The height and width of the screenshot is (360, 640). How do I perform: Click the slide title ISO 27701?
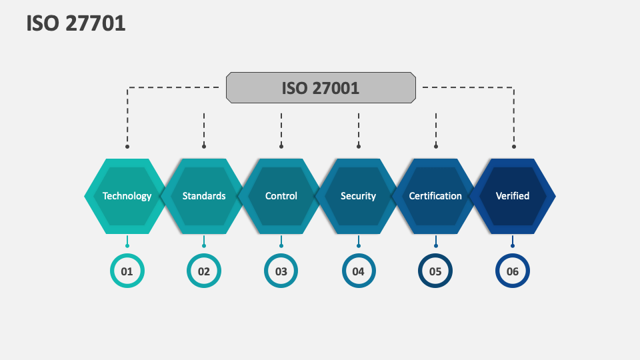coord(76,24)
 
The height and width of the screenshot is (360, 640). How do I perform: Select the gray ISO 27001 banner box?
coord(321,87)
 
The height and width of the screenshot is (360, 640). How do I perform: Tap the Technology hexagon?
coord(127,196)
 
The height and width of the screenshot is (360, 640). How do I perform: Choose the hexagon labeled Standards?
coord(204,196)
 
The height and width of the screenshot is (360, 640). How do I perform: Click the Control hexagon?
coord(281,196)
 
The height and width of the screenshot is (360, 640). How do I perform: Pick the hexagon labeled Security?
coord(359,196)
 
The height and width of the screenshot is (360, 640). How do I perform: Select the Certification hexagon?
coord(435,196)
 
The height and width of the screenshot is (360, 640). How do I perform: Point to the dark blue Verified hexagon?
coord(513,196)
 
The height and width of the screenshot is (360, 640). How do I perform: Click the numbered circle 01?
coord(127,271)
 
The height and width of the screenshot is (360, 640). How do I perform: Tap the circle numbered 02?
coord(204,271)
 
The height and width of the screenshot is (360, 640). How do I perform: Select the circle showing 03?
coord(281,271)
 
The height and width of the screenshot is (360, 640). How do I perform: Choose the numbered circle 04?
coord(359,271)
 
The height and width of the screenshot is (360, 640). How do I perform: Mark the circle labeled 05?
coord(435,271)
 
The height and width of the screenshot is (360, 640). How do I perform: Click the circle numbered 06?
coord(513,271)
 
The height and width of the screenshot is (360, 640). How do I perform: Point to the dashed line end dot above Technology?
coord(127,146)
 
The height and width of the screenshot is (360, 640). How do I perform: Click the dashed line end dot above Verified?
coord(513,146)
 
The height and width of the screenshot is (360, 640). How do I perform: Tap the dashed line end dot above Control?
coord(281,146)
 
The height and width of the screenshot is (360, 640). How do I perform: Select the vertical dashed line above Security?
coord(359,128)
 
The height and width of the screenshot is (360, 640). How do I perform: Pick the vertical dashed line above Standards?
coord(204,128)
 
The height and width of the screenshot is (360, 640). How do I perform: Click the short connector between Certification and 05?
coord(435,241)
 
